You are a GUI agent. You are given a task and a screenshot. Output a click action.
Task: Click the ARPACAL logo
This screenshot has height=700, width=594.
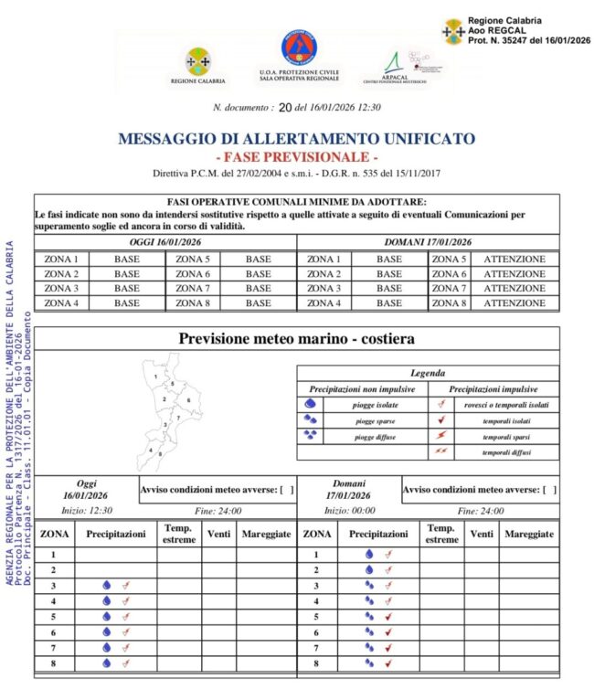(x=395, y=64)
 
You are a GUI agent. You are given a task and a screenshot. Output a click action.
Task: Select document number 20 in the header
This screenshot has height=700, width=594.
(x=284, y=108)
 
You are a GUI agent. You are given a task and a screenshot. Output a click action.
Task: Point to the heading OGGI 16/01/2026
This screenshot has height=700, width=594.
(x=165, y=242)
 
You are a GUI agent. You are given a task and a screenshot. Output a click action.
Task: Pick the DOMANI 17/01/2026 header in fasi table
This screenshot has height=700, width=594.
(x=428, y=242)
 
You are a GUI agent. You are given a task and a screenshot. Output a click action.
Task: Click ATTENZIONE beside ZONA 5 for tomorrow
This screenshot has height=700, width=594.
(x=514, y=259)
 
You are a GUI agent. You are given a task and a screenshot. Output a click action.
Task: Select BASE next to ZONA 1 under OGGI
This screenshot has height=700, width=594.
(x=127, y=259)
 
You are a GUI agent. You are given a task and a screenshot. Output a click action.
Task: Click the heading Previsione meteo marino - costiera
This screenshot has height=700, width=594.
(x=296, y=338)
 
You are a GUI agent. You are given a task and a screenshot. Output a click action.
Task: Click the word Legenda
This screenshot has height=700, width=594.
(x=428, y=373)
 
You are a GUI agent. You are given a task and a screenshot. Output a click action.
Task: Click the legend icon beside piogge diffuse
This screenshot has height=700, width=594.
(x=312, y=436)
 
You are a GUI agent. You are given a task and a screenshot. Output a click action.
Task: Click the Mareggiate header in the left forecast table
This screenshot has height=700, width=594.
(x=264, y=533)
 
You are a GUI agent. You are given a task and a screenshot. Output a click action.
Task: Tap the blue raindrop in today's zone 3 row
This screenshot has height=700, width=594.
(x=106, y=585)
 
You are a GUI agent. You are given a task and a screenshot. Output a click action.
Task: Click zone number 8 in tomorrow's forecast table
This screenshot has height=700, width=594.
(x=316, y=663)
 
